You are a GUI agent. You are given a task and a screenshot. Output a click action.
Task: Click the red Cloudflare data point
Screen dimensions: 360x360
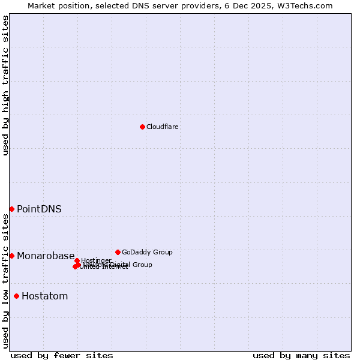(142, 127)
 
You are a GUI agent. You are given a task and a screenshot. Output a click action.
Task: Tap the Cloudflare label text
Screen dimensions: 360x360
(163, 127)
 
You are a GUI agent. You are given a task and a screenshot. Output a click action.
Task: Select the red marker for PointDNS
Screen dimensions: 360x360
(11, 209)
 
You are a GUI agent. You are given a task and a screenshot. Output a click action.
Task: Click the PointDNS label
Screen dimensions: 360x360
(39, 209)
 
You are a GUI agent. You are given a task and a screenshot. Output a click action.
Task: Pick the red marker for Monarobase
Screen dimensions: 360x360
(11, 256)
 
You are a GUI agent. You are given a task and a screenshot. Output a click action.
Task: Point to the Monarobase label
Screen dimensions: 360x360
(46, 256)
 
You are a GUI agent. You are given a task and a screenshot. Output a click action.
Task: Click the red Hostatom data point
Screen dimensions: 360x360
(16, 296)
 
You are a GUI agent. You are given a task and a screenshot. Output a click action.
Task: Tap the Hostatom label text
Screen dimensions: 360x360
(44, 296)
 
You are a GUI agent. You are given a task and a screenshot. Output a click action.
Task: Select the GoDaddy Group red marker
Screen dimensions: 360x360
(118, 252)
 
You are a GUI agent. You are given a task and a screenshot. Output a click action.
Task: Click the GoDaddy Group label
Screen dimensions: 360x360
(147, 253)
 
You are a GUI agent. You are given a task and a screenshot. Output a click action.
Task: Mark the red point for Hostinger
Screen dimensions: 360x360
(77, 260)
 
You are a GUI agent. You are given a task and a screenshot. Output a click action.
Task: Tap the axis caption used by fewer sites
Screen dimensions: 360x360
(62, 356)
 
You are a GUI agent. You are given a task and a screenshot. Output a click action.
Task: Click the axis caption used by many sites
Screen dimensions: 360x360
(301, 356)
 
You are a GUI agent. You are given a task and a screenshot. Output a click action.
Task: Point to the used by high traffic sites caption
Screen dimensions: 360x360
(6, 85)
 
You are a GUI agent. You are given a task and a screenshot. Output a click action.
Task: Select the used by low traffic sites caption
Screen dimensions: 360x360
(6, 281)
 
